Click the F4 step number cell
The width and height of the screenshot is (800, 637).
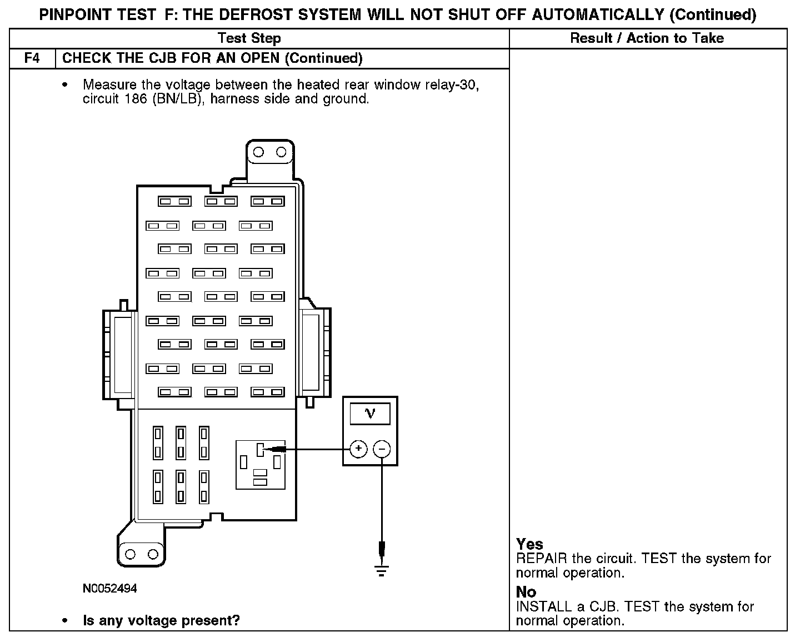coord(32,58)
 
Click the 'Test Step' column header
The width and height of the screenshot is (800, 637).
coord(249,38)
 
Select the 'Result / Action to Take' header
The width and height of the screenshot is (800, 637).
coord(647,38)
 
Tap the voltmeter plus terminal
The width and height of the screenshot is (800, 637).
coord(358,449)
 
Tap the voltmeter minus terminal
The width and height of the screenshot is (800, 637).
coord(382,449)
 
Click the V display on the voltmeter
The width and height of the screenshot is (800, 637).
coord(369,414)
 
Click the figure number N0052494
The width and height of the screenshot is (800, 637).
coord(109,588)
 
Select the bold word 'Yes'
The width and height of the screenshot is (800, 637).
coord(529,544)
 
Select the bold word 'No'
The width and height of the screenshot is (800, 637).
coord(526,593)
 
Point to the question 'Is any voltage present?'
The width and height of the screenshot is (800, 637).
coord(161,620)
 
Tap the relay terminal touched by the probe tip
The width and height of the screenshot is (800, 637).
coord(259,449)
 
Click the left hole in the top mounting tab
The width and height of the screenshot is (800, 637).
coord(258,152)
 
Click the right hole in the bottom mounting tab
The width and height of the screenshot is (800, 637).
coord(152,554)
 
